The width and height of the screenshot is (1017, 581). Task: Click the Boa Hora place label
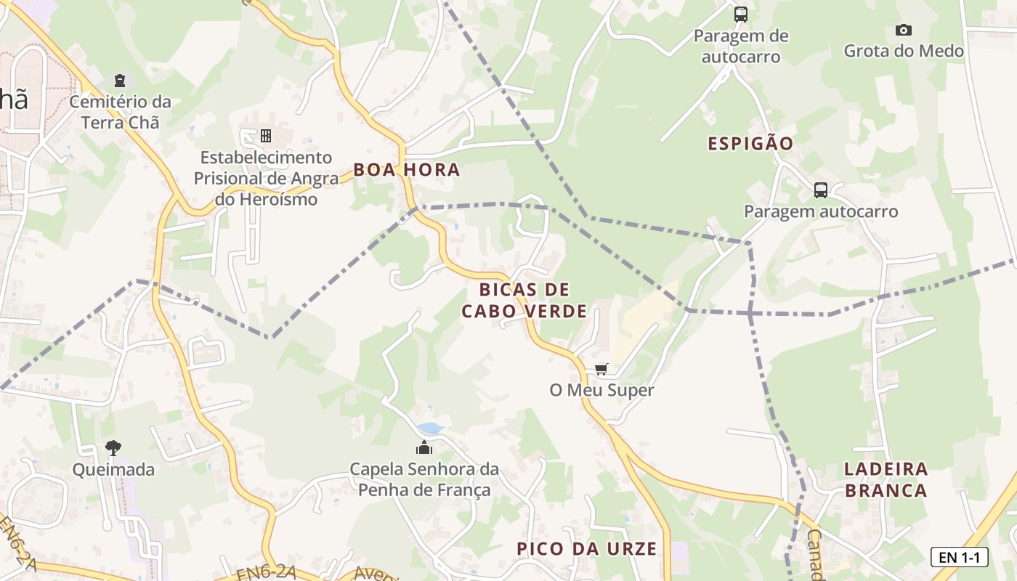(406, 170)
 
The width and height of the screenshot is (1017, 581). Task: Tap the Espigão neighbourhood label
(750, 143)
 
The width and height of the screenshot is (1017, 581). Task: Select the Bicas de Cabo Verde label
(524, 301)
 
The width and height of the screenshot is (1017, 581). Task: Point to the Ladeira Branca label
(886, 479)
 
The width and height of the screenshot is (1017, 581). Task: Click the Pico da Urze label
(586, 548)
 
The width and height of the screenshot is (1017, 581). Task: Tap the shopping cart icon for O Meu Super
(601, 370)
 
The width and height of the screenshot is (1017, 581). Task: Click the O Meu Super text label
(601, 390)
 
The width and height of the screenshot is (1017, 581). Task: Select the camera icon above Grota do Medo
(903, 30)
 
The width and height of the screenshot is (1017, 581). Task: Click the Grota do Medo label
(903, 51)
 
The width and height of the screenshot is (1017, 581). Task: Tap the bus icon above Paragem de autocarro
(740, 14)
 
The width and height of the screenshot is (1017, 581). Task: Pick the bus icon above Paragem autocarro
(820, 190)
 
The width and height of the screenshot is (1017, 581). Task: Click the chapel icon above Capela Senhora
(424, 447)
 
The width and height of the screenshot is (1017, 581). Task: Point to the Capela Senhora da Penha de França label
(424, 479)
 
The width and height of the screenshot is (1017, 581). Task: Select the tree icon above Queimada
(113, 447)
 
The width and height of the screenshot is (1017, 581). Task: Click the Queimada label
(113, 470)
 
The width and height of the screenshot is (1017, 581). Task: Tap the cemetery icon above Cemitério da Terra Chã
(120, 80)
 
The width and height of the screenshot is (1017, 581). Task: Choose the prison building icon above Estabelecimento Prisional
(266, 136)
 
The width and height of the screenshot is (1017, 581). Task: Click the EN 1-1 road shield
(959, 557)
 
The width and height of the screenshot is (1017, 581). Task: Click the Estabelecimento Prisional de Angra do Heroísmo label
(266, 178)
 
